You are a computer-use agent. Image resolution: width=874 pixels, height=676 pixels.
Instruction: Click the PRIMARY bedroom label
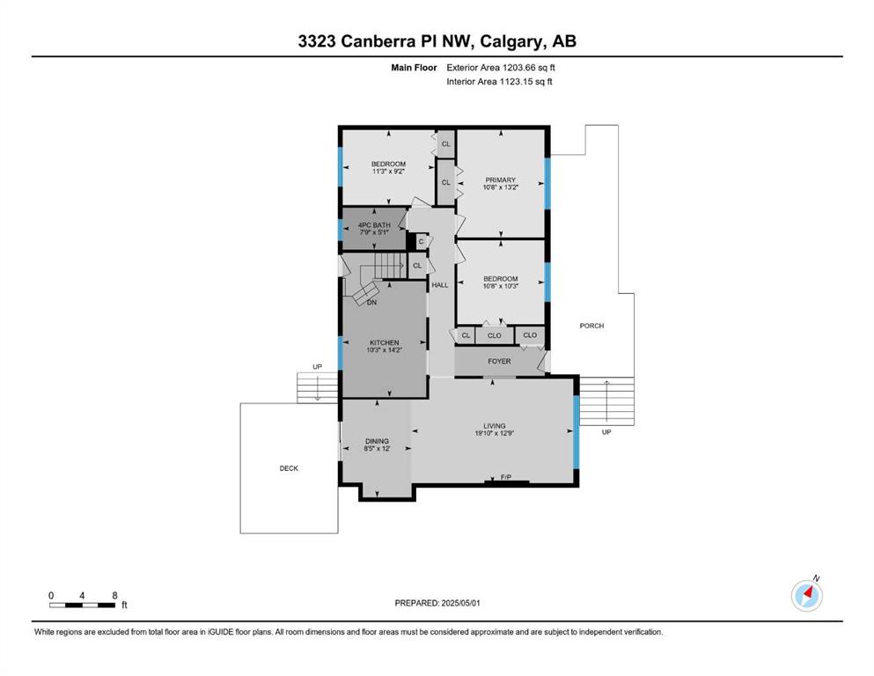[x=500, y=180]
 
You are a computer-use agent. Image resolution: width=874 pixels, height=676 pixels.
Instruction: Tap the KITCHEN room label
[x=384, y=342]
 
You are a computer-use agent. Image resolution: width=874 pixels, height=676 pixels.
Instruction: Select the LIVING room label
[x=495, y=426]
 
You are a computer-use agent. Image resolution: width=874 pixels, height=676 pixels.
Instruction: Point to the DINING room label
[x=377, y=441]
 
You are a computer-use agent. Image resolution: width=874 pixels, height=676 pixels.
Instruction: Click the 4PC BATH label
[x=374, y=225]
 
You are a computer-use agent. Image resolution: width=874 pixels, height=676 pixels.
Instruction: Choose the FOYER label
[x=499, y=361]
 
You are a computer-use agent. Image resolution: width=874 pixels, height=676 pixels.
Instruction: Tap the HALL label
[x=440, y=285]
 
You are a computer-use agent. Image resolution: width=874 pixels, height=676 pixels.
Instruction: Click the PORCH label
[x=591, y=326]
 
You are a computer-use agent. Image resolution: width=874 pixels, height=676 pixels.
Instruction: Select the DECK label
[x=289, y=468]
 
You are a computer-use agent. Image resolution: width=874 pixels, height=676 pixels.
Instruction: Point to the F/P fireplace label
[x=506, y=477]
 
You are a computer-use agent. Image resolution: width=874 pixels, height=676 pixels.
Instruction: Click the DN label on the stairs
[x=371, y=302]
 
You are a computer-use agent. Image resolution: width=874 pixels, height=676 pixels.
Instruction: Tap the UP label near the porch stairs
[x=606, y=432]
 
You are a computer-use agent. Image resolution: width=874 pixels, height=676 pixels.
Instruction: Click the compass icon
[x=807, y=595]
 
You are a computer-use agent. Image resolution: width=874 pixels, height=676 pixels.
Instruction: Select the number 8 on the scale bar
[x=114, y=595]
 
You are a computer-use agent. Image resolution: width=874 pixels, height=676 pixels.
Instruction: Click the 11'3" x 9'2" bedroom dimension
[x=388, y=172]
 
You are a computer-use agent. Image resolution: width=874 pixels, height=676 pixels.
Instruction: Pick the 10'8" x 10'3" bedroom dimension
[x=501, y=286]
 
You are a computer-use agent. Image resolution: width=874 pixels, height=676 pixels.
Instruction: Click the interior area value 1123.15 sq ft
[x=525, y=81]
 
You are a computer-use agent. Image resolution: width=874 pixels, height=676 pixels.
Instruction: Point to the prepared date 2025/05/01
[x=460, y=603]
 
